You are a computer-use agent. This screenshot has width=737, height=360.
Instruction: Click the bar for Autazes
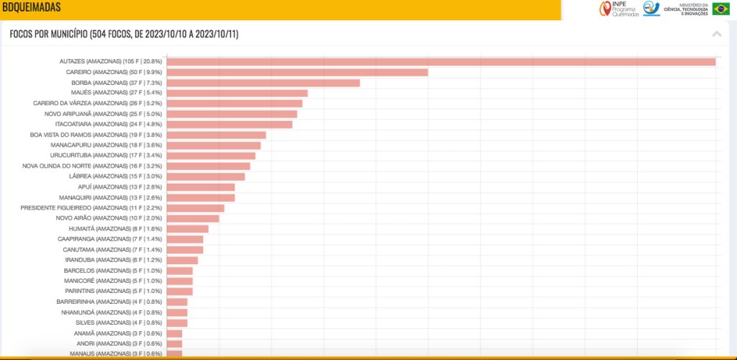click(x=440, y=62)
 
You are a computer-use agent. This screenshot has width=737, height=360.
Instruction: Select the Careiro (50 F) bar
click(x=297, y=72)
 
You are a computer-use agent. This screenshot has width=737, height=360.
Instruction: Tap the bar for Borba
click(x=263, y=83)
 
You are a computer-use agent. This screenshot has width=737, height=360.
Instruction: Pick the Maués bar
click(x=237, y=93)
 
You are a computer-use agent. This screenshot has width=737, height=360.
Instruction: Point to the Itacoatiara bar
click(x=229, y=125)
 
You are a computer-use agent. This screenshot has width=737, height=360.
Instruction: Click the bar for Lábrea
click(x=205, y=176)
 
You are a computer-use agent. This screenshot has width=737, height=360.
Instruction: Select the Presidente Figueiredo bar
click(x=195, y=208)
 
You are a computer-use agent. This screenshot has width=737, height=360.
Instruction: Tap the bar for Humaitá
click(x=187, y=229)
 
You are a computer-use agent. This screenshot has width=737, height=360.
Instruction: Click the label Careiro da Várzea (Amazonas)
click(x=97, y=103)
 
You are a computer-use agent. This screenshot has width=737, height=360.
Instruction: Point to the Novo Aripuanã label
click(x=103, y=114)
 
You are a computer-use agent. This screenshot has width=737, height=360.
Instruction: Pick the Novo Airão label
click(x=109, y=218)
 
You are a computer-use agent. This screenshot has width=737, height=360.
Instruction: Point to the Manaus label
click(x=115, y=354)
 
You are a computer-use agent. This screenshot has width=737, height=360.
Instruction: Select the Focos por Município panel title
click(x=124, y=34)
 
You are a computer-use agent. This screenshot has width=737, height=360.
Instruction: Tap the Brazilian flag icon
click(x=720, y=9)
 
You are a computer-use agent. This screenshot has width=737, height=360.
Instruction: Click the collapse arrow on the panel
click(x=716, y=34)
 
